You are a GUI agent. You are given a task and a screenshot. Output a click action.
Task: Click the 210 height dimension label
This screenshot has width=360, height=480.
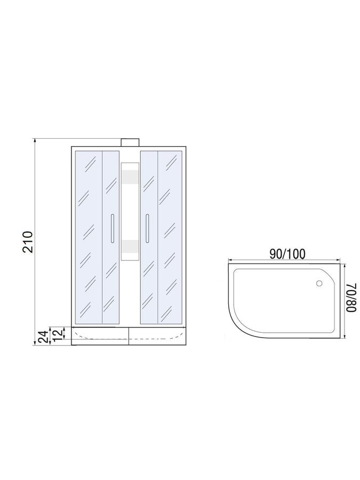click(28, 242)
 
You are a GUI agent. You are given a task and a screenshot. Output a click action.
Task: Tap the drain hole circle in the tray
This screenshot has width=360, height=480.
click(319, 284)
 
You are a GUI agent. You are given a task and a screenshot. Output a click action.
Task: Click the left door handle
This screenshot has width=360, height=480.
click(113, 228)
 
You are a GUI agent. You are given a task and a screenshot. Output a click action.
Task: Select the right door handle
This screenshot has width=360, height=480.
click(147, 228)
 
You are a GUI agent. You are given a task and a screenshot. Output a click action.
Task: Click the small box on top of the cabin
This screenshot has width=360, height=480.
click(130, 142)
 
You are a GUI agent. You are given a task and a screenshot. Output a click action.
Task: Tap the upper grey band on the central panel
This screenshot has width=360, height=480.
click(130, 177)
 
